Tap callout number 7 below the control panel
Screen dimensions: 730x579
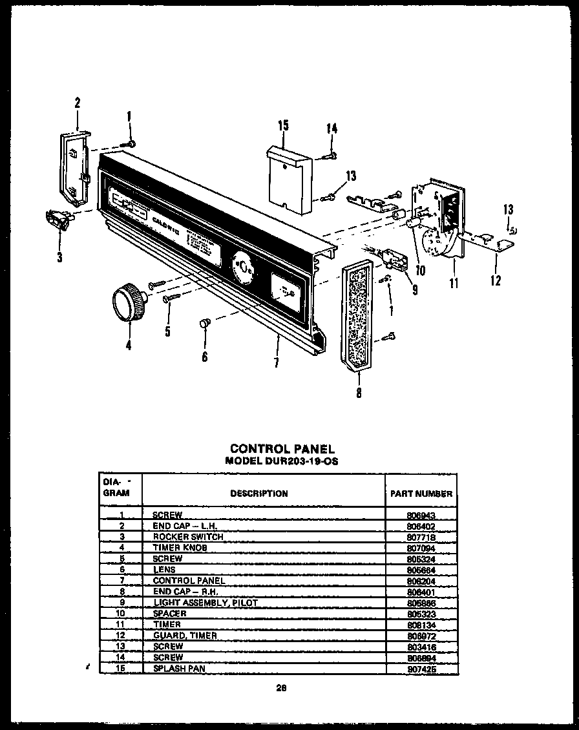[276, 363]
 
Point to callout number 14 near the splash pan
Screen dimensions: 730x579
[332, 129]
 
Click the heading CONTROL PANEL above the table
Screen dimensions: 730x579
[282, 448]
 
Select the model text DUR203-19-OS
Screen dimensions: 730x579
[282, 461]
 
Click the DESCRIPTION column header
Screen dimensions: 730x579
[259, 494]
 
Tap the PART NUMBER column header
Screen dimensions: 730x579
[421, 494]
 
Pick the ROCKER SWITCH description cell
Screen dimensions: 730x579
[187, 537]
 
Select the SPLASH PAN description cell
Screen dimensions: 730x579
[179, 669]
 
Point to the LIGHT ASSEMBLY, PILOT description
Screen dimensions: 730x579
[205, 603]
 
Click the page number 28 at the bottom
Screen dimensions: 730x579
[281, 687]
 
